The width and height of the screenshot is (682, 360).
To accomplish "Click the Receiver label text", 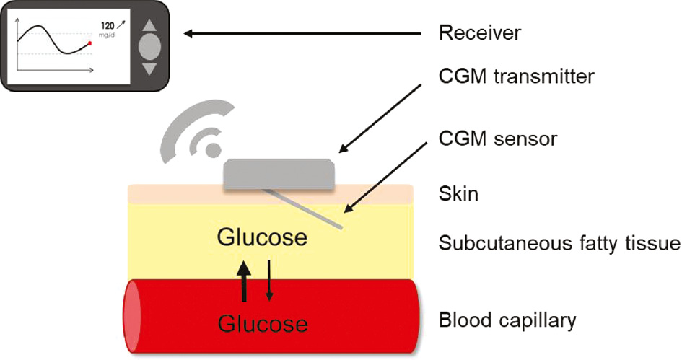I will (479, 33).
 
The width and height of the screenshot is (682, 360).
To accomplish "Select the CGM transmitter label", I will (516, 75).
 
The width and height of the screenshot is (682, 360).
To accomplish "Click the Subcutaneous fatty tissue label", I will (559, 244).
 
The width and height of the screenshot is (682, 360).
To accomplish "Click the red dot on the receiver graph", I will (89, 43).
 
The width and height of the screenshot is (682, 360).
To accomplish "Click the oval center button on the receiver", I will (149, 45).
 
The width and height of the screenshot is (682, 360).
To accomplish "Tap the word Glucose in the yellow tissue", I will (262, 237).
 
